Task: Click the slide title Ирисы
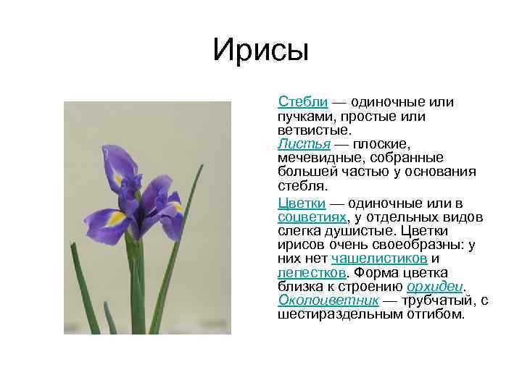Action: [261, 51]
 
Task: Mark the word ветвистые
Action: [313, 130]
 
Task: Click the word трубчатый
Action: [427, 300]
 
